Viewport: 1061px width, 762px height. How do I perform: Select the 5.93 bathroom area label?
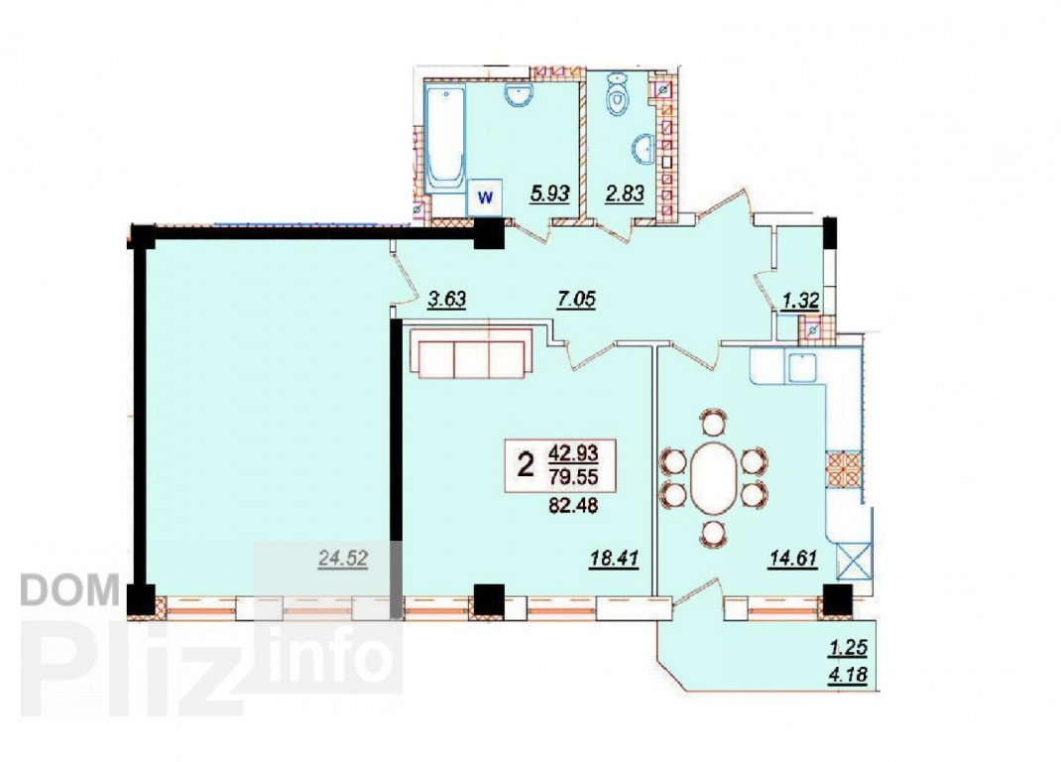tap(549, 194)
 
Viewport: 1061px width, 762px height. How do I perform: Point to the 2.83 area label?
tap(624, 194)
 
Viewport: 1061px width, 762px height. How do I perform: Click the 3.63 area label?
tap(446, 299)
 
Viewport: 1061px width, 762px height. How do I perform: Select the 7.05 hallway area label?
tap(576, 299)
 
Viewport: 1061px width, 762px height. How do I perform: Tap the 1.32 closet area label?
tap(800, 301)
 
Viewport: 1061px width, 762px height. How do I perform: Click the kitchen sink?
tap(801, 366)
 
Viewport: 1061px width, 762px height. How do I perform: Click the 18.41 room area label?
tap(614, 560)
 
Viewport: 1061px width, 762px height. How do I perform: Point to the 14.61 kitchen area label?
tap(793, 560)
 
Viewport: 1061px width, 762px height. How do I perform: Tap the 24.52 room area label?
tap(343, 559)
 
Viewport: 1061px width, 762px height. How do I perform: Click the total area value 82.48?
tap(573, 505)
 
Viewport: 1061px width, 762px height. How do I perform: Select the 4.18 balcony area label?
tap(847, 676)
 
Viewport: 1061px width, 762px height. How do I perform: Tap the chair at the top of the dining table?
tap(713, 422)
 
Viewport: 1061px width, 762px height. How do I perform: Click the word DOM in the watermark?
tap(69, 590)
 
